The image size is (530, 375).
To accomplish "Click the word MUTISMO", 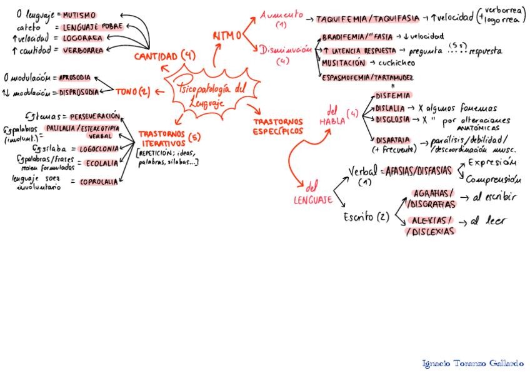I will pyautogui.click(x=79, y=14).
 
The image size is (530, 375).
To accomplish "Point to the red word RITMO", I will pyautogui.click(x=226, y=36).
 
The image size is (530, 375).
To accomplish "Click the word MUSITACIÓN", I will pyautogui.click(x=343, y=63).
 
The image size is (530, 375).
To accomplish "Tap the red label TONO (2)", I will pyautogui.click(x=132, y=92).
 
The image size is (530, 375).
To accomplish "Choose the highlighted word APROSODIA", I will pyautogui.click(x=75, y=78).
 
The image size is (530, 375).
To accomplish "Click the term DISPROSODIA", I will pyautogui.click(x=79, y=93).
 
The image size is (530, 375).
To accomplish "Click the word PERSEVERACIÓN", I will pyautogui.click(x=94, y=117).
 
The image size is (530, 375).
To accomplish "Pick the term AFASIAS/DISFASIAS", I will pyautogui.click(x=417, y=170).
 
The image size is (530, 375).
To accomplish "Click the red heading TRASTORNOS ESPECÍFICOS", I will pyautogui.click(x=278, y=126).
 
